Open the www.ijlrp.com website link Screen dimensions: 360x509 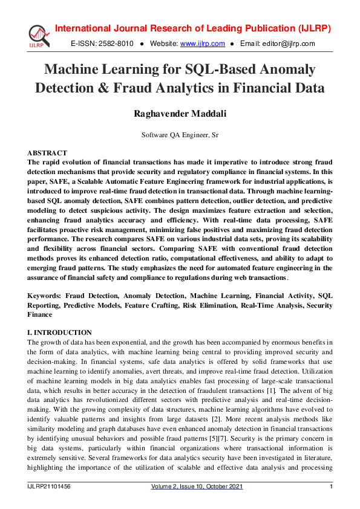pyautogui.click(x=203, y=44)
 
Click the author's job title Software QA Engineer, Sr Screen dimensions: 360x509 pyautogui.click(x=180, y=135)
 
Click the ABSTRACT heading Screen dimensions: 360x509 pyautogui.click(x=48, y=154)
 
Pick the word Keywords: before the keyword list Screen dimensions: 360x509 pyautogui.click(x=44, y=297)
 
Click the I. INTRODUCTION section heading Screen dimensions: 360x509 pyautogui.click(x=60, y=333)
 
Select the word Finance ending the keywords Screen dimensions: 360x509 pyautogui.click(x=40, y=315)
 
